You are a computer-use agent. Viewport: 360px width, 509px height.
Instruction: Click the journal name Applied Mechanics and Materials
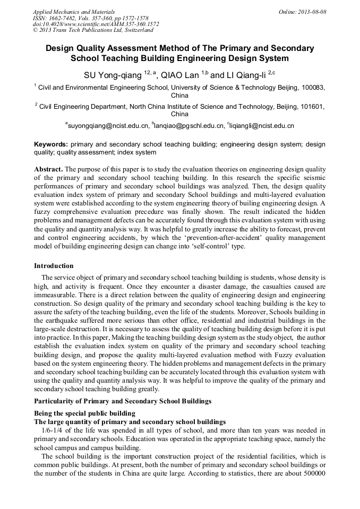point(73,12)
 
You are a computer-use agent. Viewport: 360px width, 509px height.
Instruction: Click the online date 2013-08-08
point(310,12)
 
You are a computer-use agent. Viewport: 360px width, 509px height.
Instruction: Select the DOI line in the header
point(96,24)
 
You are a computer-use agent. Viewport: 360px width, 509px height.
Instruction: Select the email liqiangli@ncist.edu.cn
point(262,126)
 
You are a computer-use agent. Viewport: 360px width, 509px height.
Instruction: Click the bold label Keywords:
point(51,144)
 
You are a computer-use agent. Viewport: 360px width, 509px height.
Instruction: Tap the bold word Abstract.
point(48,169)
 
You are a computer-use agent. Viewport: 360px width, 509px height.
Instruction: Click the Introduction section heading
point(54,265)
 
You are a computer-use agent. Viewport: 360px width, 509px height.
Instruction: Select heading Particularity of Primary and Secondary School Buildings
point(123,401)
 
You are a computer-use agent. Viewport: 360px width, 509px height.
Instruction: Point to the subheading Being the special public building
point(84,413)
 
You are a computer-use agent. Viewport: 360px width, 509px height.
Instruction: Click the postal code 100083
point(313,87)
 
